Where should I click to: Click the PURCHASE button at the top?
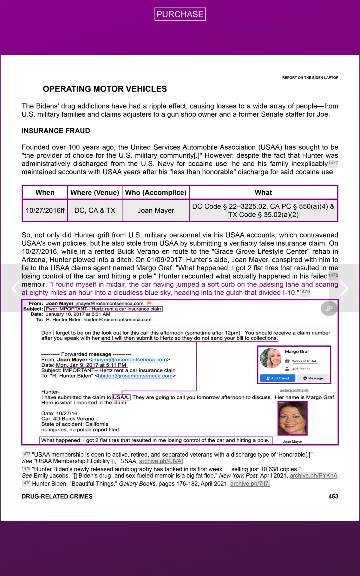coord(180,14)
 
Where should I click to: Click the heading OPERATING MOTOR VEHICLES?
coord(105,89)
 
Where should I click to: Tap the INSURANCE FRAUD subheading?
coord(56,131)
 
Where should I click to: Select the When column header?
coord(45,193)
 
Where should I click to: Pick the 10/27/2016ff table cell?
coord(45,211)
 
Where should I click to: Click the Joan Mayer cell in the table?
coord(156,211)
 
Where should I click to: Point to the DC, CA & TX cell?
coord(95,211)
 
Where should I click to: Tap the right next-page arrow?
coord(344,288)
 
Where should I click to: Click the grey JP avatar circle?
coord(329,308)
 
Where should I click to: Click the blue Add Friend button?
coord(277,378)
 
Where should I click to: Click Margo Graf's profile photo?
coord(271,358)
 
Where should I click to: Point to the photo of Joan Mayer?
coord(292,418)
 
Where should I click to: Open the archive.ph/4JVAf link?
coord(161,461)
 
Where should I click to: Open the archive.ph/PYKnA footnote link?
coord(313,475)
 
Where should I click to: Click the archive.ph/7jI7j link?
coord(250,484)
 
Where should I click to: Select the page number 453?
coord(333,496)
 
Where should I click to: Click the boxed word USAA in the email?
coord(121,397)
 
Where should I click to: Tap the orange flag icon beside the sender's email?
coord(149,303)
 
